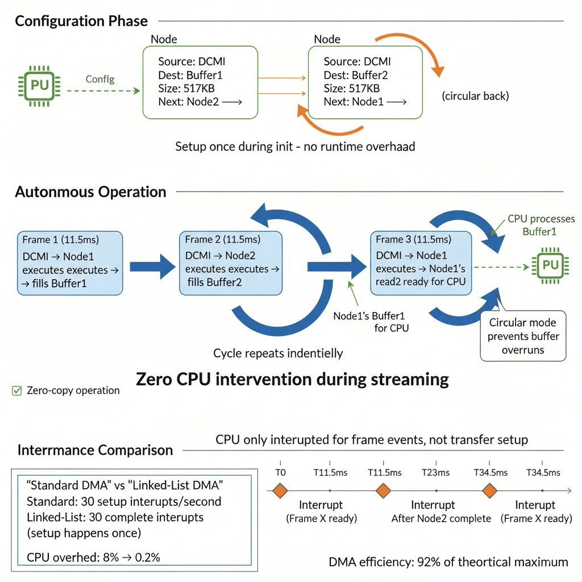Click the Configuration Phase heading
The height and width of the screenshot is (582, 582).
pos(81,21)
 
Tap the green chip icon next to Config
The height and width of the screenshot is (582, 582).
pos(39,86)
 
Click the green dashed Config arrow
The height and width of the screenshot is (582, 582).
pos(103,90)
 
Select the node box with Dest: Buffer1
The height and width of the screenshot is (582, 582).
pos(200,82)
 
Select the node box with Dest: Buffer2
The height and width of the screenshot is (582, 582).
pos(365,82)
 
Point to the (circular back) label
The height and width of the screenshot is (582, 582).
pos(475,96)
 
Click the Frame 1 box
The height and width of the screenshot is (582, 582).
pos(70,263)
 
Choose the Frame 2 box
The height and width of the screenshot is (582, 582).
pos(231,263)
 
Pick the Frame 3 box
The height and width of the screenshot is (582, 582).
pos(421,263)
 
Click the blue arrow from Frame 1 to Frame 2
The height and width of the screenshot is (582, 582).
pos(152,267)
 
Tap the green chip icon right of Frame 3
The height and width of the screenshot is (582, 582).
pos(550,266)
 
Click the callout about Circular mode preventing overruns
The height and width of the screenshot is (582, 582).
pos(523,336)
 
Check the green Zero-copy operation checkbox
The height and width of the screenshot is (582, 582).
pos(16,391)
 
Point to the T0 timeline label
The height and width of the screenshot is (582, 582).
pos(280,472)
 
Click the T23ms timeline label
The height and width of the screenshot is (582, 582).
pos(435,472)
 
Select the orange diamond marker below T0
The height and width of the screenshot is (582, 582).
pos(280,490)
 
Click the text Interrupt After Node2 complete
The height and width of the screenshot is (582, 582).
pos(441,512)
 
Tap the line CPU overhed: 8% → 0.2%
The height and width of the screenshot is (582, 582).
pos(93,557)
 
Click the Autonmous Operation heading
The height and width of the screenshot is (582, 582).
pos(90,192)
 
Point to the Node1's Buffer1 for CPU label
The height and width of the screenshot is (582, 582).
pos(371,322)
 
